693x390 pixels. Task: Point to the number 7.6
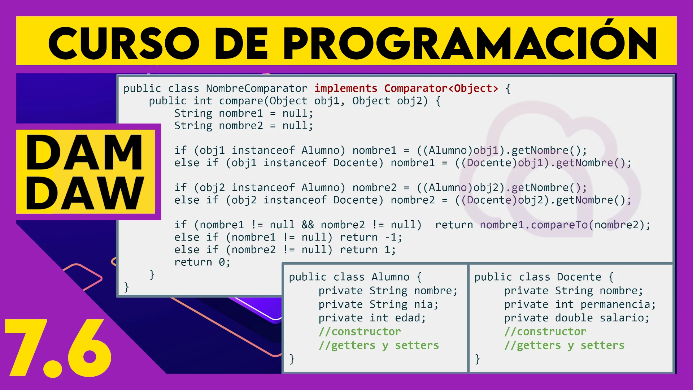(x=58, y=348)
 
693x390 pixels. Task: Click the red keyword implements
(x=346, y=88)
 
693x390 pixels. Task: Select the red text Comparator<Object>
(x=441, y=88)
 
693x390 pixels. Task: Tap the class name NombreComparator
(x=257, y=88)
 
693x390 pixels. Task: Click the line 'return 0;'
(x=202, y=262)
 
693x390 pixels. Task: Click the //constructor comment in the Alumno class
(x=359, y=331)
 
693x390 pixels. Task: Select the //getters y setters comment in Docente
(x=564, y=346)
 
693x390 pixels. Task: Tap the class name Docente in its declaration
(x=579, y=277)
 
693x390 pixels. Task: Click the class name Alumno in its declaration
(x=391, y=277)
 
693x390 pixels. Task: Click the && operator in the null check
(x=308, y=225)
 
